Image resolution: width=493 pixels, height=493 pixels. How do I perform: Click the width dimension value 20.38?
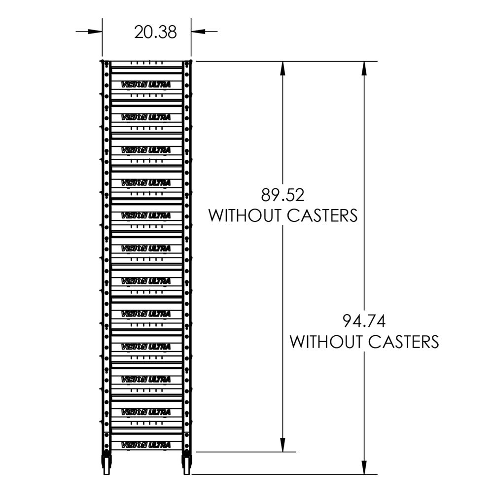[x=155, y=32]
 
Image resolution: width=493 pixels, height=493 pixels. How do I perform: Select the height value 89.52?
[x=283, y=195]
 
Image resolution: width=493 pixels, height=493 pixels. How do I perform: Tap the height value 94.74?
[x=364, y=321]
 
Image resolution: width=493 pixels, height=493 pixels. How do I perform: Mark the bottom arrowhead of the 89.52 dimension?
[x=283, y=445]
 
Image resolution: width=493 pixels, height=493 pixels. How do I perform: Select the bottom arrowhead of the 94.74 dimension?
[x=364, y=468]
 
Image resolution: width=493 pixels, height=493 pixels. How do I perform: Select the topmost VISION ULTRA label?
[x=145, y=85]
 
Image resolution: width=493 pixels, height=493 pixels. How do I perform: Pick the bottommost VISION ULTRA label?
[x=145, y=445]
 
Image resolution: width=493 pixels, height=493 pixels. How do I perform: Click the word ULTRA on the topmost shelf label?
[x=159, y=85]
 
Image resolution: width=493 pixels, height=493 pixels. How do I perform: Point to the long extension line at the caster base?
[x=281, y=475]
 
